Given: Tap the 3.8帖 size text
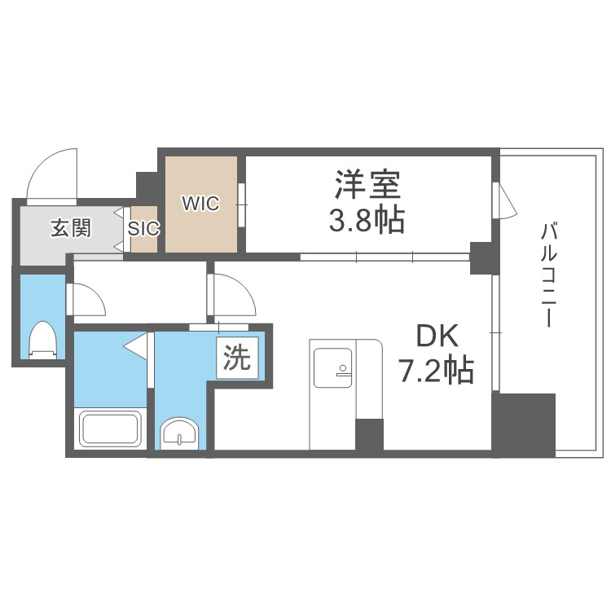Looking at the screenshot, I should (367, 220).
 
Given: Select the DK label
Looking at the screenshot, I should (437, 337).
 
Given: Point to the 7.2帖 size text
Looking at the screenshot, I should (436, 371).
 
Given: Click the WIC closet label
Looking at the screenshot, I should (200, 204).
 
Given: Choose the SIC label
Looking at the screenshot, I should (143, 229).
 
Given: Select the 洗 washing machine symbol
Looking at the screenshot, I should (237, 358).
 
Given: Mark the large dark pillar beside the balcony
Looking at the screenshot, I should (523, 421).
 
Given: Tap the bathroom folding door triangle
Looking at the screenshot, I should (137, 347).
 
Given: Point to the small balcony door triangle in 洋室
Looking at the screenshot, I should (504, 201).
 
